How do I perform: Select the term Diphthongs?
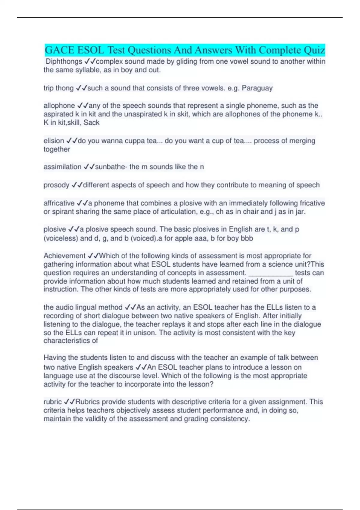pyautogui.click(x=64, y=61)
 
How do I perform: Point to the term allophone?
pyautogui.click(x=59, y=106)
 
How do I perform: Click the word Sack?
pyautogui.click(x=91, y=123)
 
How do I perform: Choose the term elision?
pyautogui.click(x=54, y=141)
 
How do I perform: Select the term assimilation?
pyautogui.click(x=62, y=167)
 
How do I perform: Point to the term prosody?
pyautogui.click(x=56, y=185)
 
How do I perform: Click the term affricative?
pyautogui.click(x=59, y=203)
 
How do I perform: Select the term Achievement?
pyautogui.click(x=64, y=256)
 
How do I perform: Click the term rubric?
pyautogui.click(x=52, y=402)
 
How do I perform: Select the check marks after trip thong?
pyautogui.click(x=81, y=88)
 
